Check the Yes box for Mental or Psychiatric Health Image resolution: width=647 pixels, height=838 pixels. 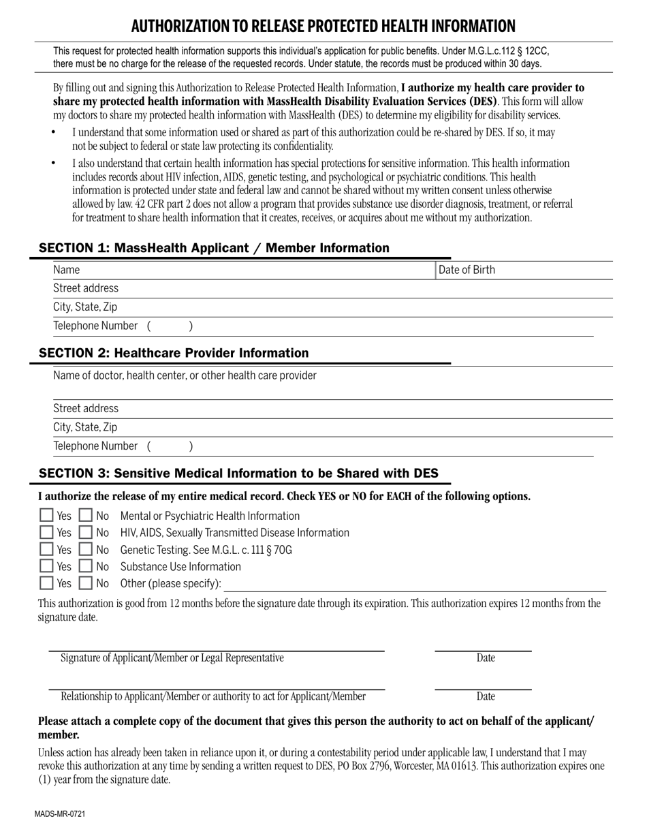pos(46,516)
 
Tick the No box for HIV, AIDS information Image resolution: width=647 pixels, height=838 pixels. pos(86,533)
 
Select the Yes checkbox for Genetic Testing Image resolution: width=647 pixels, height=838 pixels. pos(46,550)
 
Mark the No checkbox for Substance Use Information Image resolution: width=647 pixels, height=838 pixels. pos(86,567)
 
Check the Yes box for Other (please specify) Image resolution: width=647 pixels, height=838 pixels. pos(46,583)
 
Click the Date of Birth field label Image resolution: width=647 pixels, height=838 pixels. pos(467,270)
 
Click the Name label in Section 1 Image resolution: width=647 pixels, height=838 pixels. pos(67,270)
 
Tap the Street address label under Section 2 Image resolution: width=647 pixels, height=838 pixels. pos(86,409)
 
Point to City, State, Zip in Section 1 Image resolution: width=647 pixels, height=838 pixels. pos(85,307)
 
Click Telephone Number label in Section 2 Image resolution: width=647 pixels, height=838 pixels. pos(95,446)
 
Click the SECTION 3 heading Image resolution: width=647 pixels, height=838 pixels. pos(238,474)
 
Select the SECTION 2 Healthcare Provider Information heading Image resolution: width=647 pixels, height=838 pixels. pos(174,353)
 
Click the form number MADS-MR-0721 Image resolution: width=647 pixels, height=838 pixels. pos(61,814)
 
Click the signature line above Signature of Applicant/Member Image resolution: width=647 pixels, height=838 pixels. pos(217,651)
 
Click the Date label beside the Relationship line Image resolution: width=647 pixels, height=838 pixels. pos(486,696)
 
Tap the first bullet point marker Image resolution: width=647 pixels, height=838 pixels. pos(54,133)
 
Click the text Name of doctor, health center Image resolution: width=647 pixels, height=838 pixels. pos(185,375)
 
